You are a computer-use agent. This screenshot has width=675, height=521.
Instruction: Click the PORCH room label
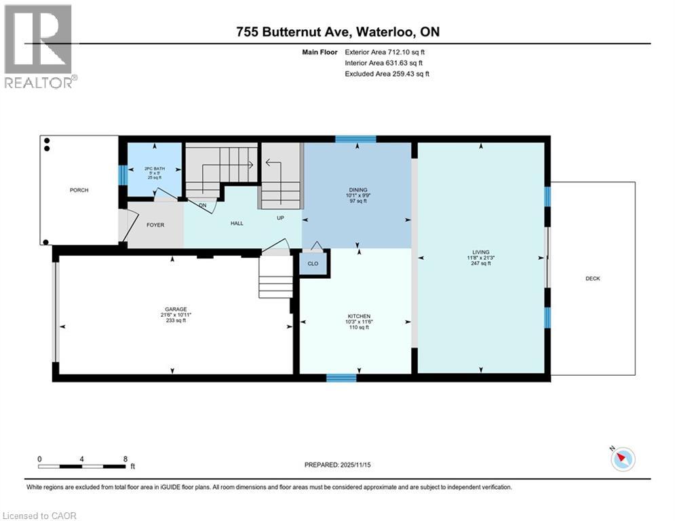coord(79,190)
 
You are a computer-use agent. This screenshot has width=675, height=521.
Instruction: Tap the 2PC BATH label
coord(154,169)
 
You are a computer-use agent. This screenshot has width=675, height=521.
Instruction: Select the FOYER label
coord(156,226)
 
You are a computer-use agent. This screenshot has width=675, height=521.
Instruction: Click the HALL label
coord(236,223)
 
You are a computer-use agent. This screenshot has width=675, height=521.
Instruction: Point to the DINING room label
coord(358,190)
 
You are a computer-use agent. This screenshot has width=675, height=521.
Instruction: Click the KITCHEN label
coord(358,316)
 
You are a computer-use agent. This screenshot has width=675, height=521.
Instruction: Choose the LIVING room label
coord(481,252)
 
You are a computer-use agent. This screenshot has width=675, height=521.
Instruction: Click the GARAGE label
coord(173,309)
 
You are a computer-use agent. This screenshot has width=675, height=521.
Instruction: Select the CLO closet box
coord(313,263)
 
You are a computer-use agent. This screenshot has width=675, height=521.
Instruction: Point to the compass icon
coord(622,459)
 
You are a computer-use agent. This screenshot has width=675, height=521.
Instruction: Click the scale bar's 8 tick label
coord(126,459)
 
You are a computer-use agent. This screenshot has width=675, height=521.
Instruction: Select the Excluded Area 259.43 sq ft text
coord(387,73)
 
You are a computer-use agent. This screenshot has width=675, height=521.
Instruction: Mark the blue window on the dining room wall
coord(355,139)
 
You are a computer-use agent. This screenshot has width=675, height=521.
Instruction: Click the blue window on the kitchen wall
coord(341,378)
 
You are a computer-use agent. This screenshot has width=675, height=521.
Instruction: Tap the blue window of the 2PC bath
coord(123,175)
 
